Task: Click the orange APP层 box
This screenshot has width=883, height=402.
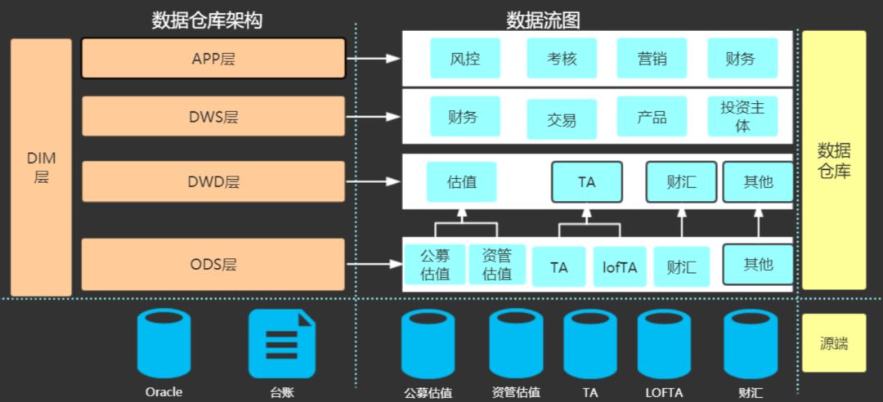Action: click(x=213, y=59)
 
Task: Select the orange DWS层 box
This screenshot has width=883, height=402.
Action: click(x=213, y=117)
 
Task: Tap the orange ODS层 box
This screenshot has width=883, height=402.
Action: click(x=213, y=265)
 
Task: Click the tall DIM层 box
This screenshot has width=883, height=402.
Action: click(x=41, y=167)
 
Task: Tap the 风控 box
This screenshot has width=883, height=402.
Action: click(x=464, y=58)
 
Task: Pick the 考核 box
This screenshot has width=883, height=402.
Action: click(x=562, y=58)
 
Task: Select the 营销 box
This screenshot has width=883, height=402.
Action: click(x=652, y=58)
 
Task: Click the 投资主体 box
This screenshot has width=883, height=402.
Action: click(x=742, y=117)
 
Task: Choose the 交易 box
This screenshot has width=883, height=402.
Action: click(x=562, y=120)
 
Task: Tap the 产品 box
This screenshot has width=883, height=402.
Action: click(x=652, y=117)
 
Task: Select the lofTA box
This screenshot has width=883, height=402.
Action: click(x=620, y=267)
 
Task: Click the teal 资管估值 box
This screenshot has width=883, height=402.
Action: click(x=497, y=265)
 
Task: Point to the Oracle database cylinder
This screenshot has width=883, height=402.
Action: click(x=164, y=343)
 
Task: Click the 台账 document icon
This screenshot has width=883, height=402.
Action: click(x=281, y=344)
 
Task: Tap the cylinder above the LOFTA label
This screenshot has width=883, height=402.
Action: click(x=664, y=344)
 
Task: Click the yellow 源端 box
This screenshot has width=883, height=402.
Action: click(x=833, y=343)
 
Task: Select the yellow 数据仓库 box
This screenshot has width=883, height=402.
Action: click(x=833, y=160)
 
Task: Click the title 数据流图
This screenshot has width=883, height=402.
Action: click(x=543, y=20)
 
